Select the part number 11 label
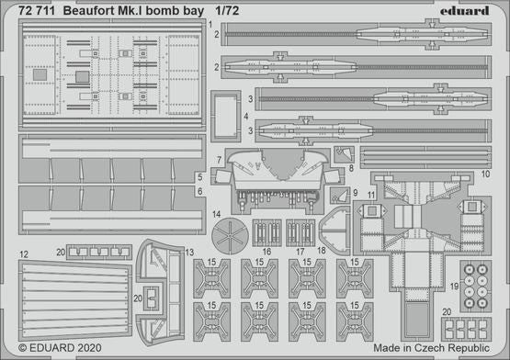point(370,196)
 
